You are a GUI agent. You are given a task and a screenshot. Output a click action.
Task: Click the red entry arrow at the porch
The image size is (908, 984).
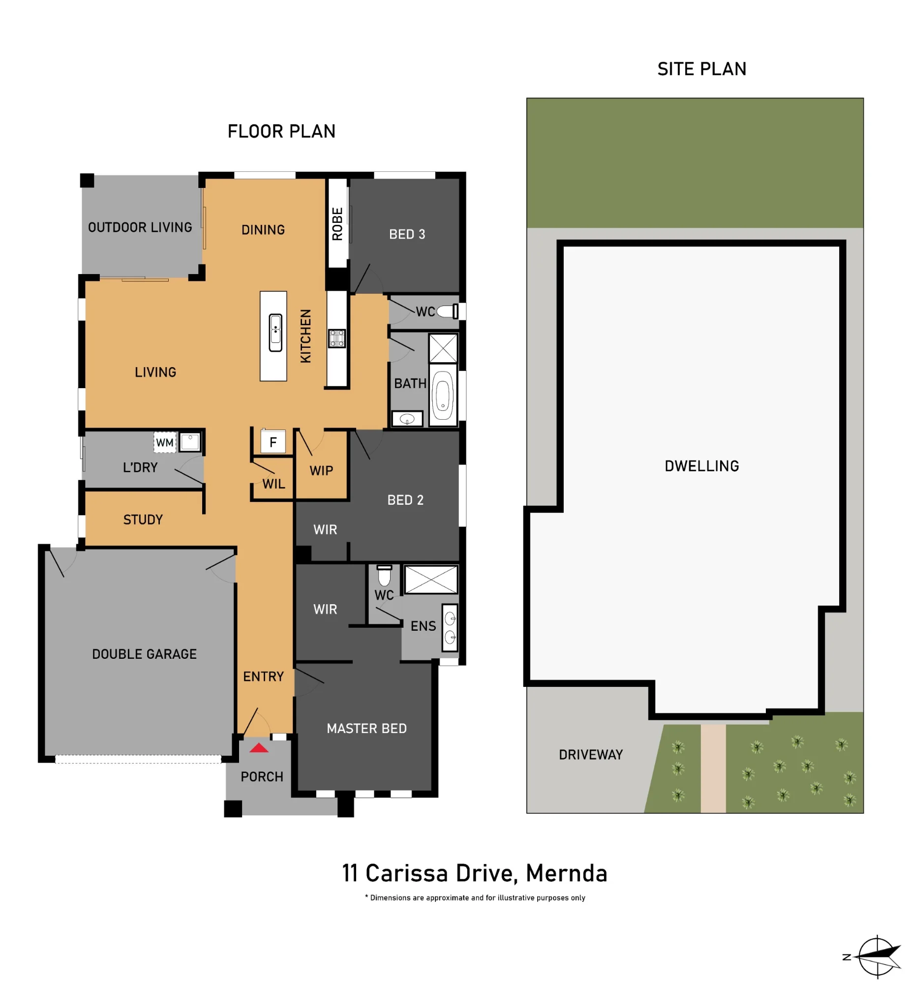[259, 748]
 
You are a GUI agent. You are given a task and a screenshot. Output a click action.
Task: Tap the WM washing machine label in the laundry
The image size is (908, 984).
[165, 442]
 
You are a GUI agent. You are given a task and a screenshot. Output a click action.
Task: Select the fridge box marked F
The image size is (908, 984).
[273, 441]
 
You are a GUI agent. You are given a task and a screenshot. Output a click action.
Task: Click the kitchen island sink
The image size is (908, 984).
[275, 333]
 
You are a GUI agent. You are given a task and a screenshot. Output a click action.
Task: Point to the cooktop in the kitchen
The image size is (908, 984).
[337, 338]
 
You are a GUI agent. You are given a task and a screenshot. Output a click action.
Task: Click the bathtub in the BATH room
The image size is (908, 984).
[443, 395]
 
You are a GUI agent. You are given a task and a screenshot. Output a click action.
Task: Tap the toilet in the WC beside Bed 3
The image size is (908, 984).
[447, 311]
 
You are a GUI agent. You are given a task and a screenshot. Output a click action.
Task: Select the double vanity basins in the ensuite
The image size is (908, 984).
[450, 628]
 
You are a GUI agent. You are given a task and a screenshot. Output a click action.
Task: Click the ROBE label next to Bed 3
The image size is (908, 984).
[337, 224]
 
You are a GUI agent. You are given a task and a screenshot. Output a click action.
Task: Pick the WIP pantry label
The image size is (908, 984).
[321, 471]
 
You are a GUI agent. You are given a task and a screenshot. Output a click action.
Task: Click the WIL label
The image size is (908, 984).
[273, 484]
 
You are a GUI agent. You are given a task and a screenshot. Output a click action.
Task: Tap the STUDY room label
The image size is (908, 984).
[143, 520]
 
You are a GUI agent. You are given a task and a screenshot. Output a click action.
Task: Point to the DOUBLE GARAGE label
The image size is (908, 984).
[144, 654]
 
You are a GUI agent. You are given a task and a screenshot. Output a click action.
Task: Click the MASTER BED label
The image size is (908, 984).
[366, 728]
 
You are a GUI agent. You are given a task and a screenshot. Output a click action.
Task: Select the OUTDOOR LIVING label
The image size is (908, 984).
[140, 227]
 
